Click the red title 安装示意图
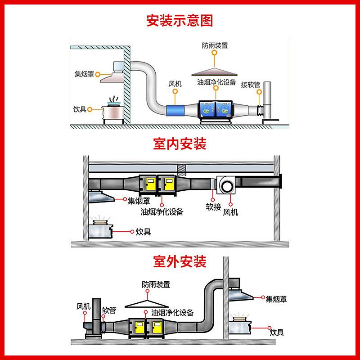pyautogui.click(x=180, y=20)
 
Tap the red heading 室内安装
pyautogui.click(x=180, y=144)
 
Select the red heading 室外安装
pyautogui.click(x=180, y=261)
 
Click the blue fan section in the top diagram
pyautogui.click(x=175, y=110)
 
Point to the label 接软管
pyautogui.click(x=251, y=85)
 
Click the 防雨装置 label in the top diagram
pyautogui.click(x=215, y=45)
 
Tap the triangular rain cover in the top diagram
pyautogui.click(x=214, y=72)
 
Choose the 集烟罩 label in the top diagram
pyautogui.click(x=84, y=74)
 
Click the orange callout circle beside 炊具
pyautogui.click(x=90, y=109)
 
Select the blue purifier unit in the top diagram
pyautogui.click(x=216, y=109)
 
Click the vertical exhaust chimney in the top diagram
pyautogui.click(x=267, y=100)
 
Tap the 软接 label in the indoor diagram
pyautogui.click(x=213, y=207)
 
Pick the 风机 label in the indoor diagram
pyautogui.click(x=230, y=212)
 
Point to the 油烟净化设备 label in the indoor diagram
pyautogui.click(x=162, y=211)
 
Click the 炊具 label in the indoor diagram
pyautogui.click(x=143, y=232)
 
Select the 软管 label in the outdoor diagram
pyautogui.click(x=109, y=310)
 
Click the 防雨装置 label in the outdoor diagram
pyautogui.click(x=156, y=285)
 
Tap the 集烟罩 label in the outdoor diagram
pyautogui.click(x=276, y=299)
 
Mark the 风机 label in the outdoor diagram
pyautogui.click(x=83, y=306)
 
